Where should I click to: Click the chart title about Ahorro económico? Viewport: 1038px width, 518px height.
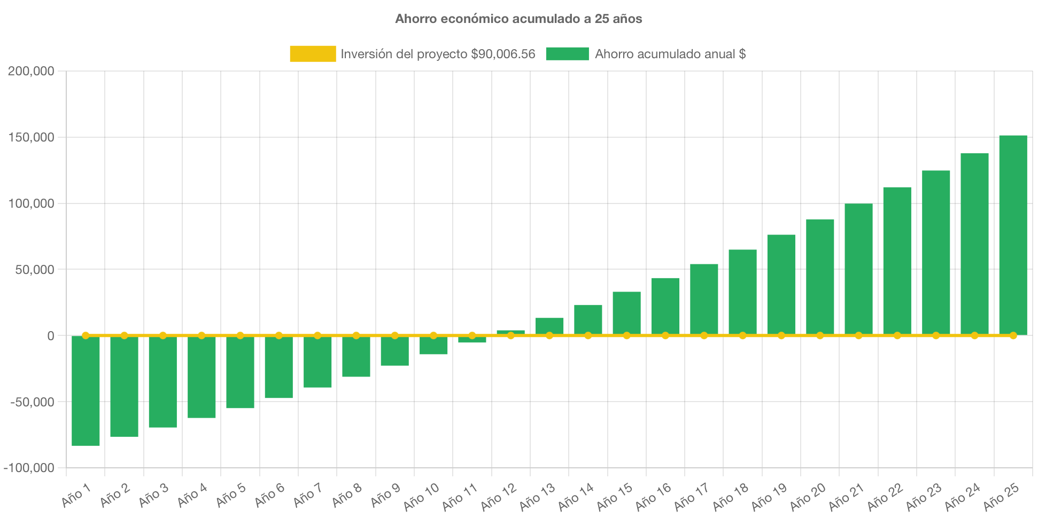pos(518,19)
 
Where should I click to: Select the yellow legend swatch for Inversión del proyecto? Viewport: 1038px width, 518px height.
pos(313,54)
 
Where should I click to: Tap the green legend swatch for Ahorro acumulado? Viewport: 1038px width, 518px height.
pos(567,54)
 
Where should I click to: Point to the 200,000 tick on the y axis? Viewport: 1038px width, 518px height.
pos(31,72)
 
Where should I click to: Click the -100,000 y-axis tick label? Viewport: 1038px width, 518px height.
pos(29,468)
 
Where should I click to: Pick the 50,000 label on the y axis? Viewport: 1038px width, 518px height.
pos(34,270)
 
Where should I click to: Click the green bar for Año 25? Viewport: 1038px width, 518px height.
pos(1013,235)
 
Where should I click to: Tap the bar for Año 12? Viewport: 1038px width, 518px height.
pos(510,332)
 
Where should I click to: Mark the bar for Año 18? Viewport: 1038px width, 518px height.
pos(742,292)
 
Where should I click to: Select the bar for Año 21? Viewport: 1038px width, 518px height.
pos(858,269)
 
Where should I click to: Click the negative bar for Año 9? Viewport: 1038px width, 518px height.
pos(394,351)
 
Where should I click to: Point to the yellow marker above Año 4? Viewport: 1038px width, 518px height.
pos(202,335)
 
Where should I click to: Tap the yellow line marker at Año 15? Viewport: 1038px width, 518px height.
pos(626,335)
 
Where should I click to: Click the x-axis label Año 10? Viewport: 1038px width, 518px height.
pos(421,496)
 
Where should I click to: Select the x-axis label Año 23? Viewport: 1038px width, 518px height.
pos(924,496)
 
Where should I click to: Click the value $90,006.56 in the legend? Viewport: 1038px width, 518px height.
pos(502,54)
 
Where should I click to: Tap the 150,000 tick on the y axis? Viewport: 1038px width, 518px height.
pos(31,138)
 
